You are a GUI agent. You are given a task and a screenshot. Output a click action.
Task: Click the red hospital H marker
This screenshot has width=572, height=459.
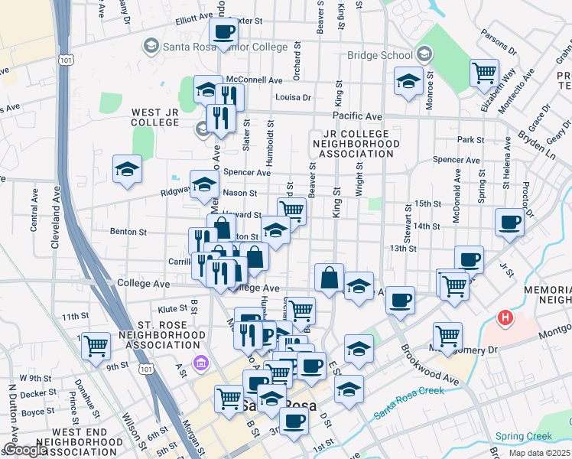(x=505, y=317)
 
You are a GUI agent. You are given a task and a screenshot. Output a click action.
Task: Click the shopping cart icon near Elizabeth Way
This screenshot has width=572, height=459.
(x=484, y=74)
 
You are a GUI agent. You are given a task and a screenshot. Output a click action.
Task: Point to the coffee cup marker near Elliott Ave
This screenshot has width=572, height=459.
(x=223, y=32)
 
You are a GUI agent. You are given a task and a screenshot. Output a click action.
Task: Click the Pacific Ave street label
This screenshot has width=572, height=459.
(x=362, y=116)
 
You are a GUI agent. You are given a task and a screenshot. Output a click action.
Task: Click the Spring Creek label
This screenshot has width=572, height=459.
(x=523, y=437)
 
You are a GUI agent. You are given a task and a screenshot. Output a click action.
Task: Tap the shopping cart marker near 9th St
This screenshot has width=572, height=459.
(x=96, y=346)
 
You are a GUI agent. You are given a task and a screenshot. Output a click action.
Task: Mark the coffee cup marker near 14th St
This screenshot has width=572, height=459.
(x=509, y=223)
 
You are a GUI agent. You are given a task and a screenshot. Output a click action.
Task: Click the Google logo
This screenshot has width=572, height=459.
(x=24, y=450)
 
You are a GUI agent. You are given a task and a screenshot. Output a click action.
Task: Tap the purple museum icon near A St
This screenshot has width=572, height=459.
(x=200, y=362)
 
